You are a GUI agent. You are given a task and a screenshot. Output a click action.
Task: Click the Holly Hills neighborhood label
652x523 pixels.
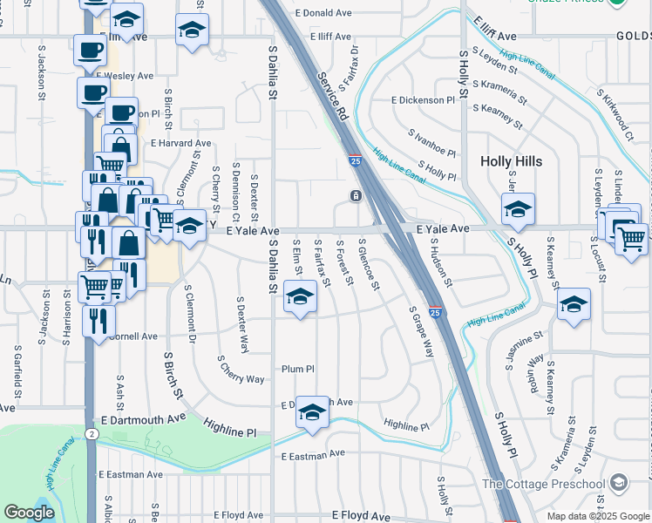pyautogui.click(x=512, y=161)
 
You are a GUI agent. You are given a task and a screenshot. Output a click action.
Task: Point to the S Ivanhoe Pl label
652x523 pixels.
pyautogui.click(x=431, y=144)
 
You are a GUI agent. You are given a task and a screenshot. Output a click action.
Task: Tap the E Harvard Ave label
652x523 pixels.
pyautogui.click(x=181, y=143)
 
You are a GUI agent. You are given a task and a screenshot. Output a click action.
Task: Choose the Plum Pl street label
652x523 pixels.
pyautogui.click(x=297, y=370)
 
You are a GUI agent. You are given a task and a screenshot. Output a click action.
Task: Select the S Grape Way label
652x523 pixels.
pyautogui.click(x=422, y=331)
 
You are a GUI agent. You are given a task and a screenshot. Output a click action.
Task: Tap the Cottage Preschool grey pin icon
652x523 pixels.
pyautogui.click(x=618, y=482)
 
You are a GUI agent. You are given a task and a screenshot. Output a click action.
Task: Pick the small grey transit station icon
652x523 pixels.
pyautogui.click(x=356, y=196)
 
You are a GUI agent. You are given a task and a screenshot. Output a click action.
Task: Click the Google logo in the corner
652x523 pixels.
pyautogui.click(x=29, y=513)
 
